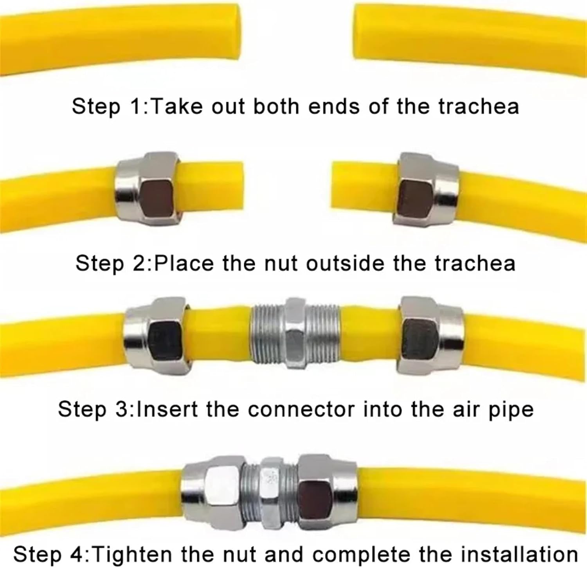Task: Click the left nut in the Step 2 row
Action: click(x=147, y=189)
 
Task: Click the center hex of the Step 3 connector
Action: click(x=296, y=333)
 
